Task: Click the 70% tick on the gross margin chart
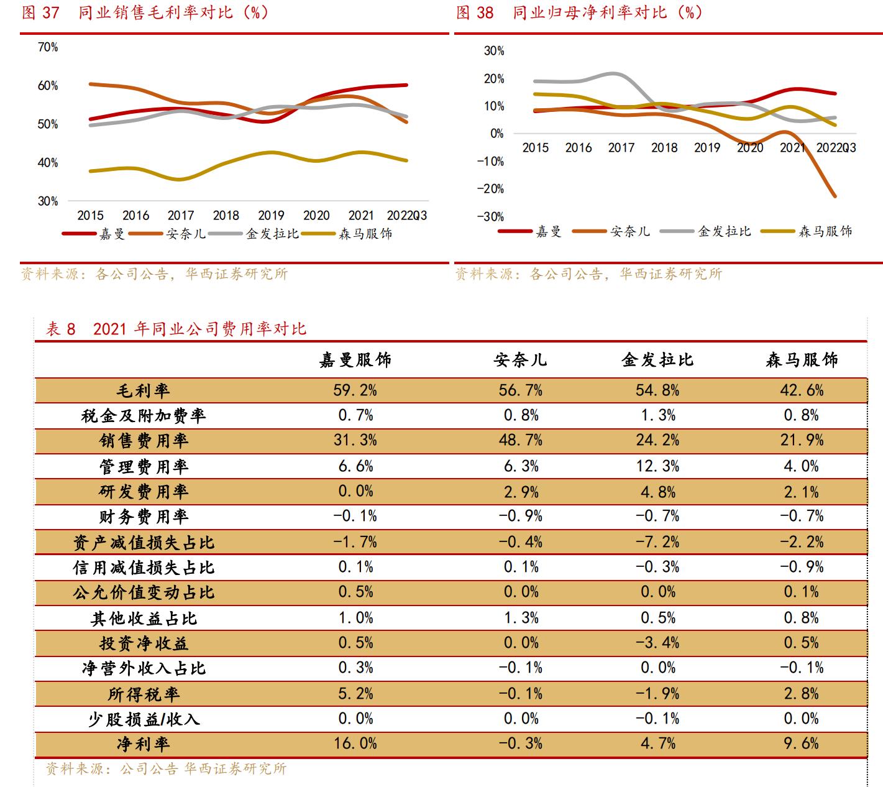pyautogui.click(x=48, y=47)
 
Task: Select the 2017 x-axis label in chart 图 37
pyautogui.click(x=180, y=216)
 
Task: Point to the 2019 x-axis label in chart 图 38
pyautogui.click(x=707, y=148)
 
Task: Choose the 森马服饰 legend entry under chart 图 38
pyautogui.click(x=825, y=232)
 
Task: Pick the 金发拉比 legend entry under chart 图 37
pyautogui.click(x=272, y=234)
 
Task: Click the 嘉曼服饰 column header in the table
pyautogui.click(x=355, y=360)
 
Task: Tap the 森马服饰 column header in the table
pyautogui.click(x=802, y=360)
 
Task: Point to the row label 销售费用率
pyautogui.click(x=144, y=441)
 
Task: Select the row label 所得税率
pyautogui.click(x=144, y=694)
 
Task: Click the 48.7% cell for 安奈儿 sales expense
pyautogui.click(x=520, y=441)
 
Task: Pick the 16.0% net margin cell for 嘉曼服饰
pyautogui.click(x=355, y=743)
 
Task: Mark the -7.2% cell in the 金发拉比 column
pyautogui.click(x=657, y=542)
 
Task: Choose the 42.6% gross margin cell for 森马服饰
pyautogui.click(x=802, y=390)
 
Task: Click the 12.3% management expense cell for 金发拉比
pyautogui.click(x=657, y=466)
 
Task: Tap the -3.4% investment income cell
pyautogui.click(x=657, y=643)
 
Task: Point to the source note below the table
pyautogui.click(x=166, y=769)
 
